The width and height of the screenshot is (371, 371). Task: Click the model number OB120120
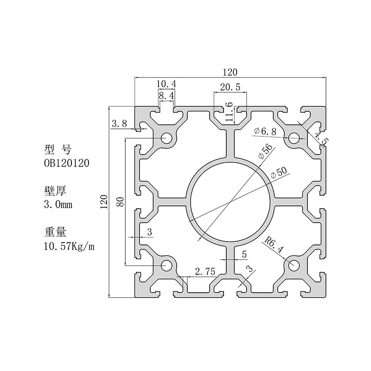(x=66, y=163)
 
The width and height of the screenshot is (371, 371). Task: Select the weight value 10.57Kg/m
(x=69, y=246)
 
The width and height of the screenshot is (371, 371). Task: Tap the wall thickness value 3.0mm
(x=58, y=205)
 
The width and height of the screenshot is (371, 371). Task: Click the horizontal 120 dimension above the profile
(x=230, y=72)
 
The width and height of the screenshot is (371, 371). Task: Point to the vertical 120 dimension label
(x=104, y=202)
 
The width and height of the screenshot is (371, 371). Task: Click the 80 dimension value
(x=121, y=202)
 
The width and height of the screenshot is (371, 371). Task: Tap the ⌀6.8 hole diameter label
(x=265, y=131)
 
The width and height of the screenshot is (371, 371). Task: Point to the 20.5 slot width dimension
(x=230, y=87)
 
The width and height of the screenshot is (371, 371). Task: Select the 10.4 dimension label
(x=166, y=84)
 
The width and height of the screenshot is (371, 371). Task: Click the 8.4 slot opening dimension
(x=166, y=96)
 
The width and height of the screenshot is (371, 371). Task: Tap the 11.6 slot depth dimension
(x=229, y=112)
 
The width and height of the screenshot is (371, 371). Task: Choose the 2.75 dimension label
(x=205, y=271)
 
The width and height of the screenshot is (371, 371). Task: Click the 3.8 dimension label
(x=119, y=123)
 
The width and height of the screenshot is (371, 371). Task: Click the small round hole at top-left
(x=166, y=138)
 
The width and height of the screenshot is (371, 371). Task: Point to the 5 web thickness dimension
(x=244, y=255)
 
